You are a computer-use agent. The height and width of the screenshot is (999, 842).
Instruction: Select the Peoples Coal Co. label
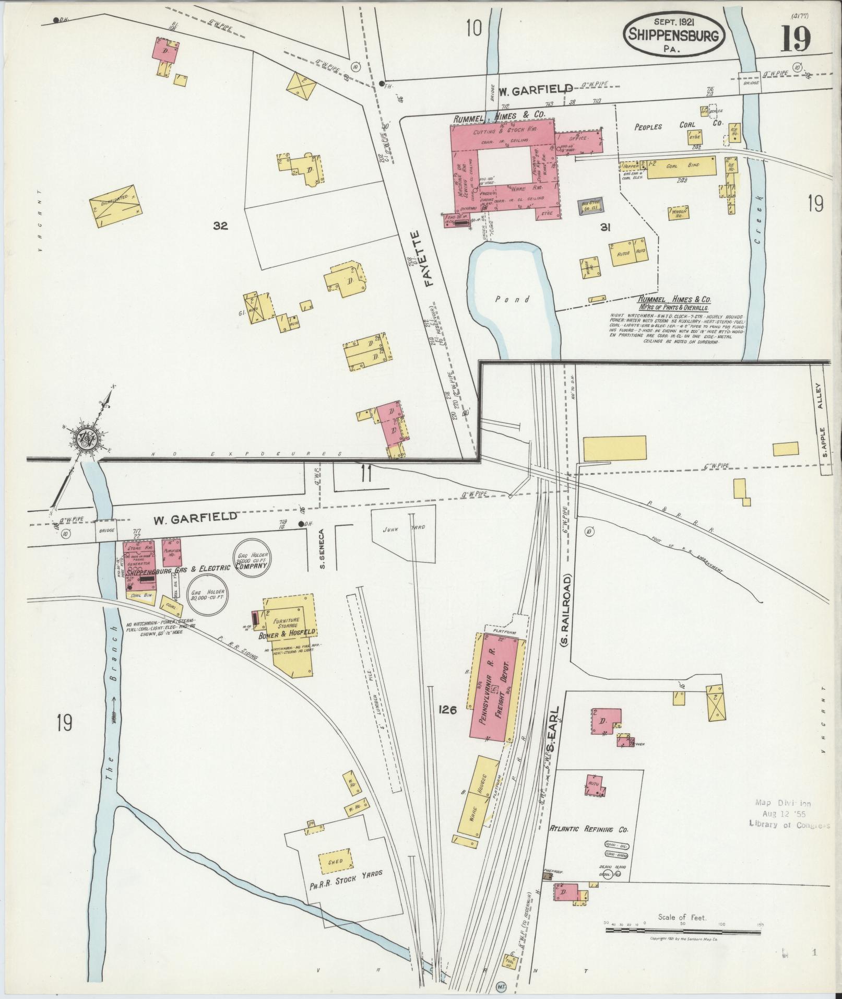point(677,127)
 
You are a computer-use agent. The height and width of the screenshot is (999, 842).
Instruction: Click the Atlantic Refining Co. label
point(589,829)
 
